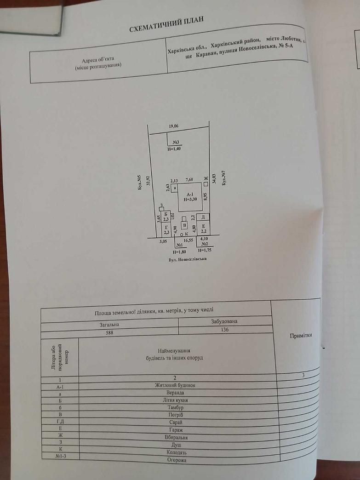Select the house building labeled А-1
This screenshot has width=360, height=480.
tap(190, 197)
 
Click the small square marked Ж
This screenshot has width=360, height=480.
tap(206, 184)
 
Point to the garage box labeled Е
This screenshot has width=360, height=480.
tap(203, 229)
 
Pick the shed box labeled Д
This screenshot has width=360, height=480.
tap(203, 217)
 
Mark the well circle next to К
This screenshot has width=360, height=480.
tap(182, 234)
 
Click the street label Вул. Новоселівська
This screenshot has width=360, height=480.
tap(188, 259)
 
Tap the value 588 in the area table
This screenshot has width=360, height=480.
tap(109, 332)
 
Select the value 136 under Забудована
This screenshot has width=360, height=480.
tap(224, 330)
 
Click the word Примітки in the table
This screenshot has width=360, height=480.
tap(301, 335)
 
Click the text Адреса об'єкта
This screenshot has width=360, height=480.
tap(97, 60)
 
